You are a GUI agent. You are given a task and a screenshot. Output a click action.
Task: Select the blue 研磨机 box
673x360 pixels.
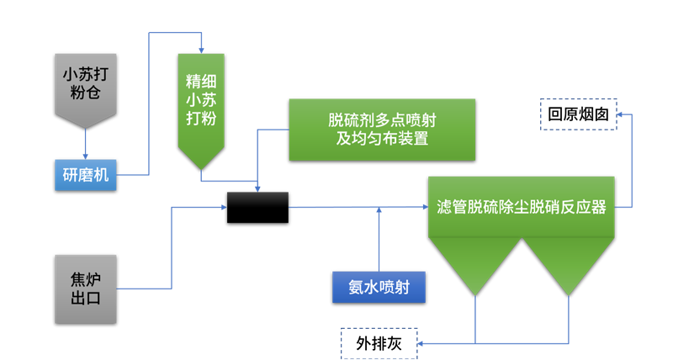(84, 175)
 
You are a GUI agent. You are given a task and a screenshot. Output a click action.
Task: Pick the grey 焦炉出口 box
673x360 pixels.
(84, 289)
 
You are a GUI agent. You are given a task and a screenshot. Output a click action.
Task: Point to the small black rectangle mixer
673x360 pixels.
(257, 199)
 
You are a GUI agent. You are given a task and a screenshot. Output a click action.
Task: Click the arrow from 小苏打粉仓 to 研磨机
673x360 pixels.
(85, 143)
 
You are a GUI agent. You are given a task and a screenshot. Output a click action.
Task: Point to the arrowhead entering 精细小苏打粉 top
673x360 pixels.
(201, 47)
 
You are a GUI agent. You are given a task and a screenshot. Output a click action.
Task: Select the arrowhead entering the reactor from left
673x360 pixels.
(423, 206)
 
